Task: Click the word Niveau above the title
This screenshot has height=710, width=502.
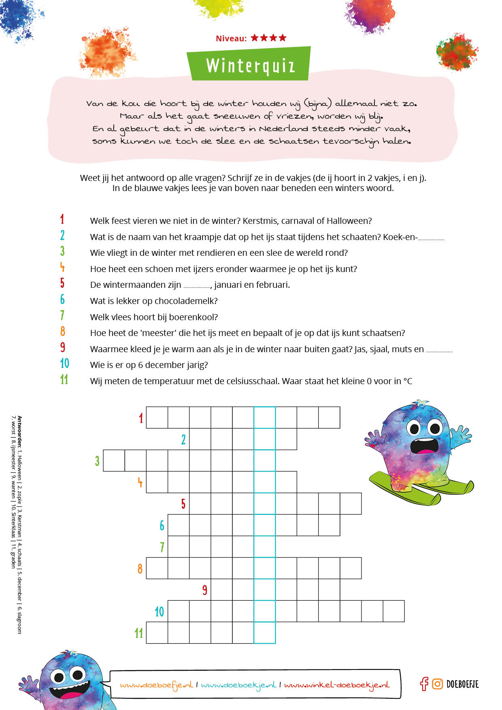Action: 231,38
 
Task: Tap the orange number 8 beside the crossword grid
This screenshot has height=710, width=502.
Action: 140,569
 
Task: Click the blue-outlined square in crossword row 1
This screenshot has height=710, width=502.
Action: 265,417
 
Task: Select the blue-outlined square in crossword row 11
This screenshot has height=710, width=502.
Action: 265,633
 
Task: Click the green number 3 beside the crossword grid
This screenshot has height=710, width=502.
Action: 97,461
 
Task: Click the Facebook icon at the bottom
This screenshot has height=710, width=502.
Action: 424,684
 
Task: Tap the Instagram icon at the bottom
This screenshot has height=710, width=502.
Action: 437,684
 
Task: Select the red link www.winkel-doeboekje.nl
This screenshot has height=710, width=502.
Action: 336,685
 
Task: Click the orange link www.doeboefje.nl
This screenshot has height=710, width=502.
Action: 156,685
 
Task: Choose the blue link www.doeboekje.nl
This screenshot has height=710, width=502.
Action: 238,685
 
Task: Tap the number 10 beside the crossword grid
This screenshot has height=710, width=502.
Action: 160,611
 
